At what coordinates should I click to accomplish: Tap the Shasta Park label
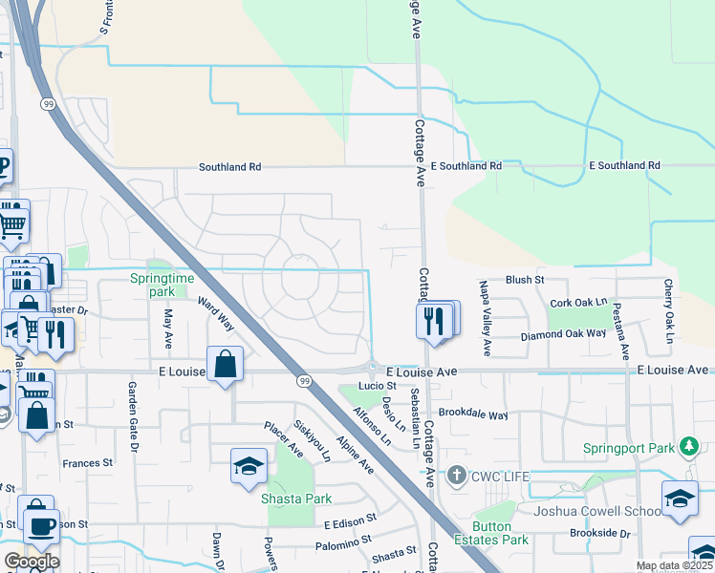coord(296,499)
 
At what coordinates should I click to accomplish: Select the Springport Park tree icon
coord(687,447)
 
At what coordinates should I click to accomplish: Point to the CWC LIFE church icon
coord(458,475)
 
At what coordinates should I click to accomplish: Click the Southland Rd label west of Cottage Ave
coord(229,166)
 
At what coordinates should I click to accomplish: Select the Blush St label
coord(524,280)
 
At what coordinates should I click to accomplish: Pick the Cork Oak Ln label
coord(578,303)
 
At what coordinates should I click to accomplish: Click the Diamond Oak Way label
coord(563,335)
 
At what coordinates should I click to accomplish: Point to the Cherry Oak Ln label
coord(669,311)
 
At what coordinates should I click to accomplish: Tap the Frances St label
coord(87,463)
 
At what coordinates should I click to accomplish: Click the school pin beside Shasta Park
coord(249,467)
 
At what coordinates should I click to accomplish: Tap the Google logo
coord(32,562)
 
